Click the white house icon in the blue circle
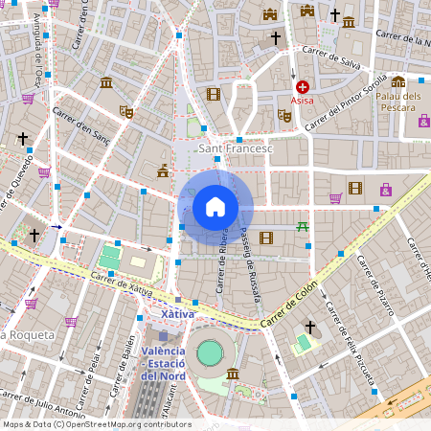point(215,206)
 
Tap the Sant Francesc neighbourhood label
point(235,149)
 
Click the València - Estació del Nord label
point(164,363)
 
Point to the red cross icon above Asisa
point(303,87)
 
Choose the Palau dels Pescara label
point(398,101)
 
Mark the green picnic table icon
point(303,226)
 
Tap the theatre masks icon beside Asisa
point(284,115)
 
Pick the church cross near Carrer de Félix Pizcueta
point(310,328)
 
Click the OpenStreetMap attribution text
point(96,424)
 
